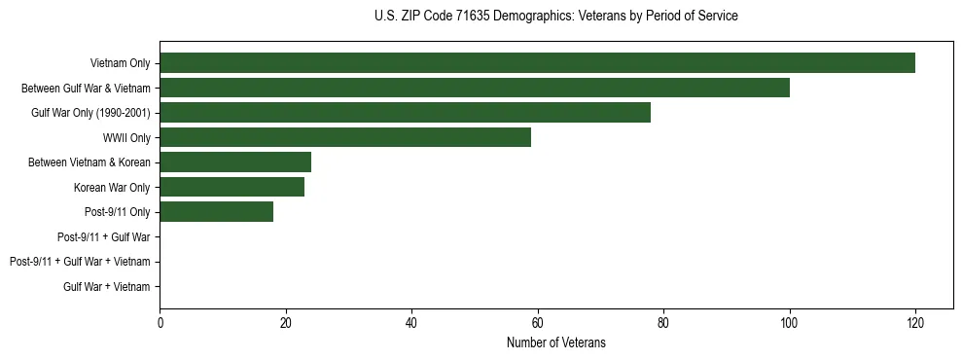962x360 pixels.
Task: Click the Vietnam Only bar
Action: coord(537,63)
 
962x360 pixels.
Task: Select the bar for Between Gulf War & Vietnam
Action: coord(475,88)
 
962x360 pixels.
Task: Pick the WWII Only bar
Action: coord(345,137)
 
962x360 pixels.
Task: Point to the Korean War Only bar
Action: coord(232,187)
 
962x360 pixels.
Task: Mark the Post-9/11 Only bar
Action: coord(217,212)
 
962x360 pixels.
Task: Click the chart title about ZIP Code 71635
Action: coord(555,17)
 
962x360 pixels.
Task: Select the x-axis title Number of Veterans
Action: coord(555,342)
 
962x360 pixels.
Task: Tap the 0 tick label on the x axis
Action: coord(160,322)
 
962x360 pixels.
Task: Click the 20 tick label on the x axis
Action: coord(286,322)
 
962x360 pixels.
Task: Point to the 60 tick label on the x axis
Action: coord(537,322)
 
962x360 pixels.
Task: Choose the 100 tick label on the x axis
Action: coord(789,322)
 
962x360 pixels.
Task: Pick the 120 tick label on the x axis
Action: coord(914,322)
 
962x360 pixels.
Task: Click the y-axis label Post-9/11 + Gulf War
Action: coord(104,236)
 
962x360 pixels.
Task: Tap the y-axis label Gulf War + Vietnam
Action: coord(107,286)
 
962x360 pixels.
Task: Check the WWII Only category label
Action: coord(126,137)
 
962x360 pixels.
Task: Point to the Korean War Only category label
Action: coord(112,187)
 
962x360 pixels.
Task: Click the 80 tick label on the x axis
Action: coord(663,322)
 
